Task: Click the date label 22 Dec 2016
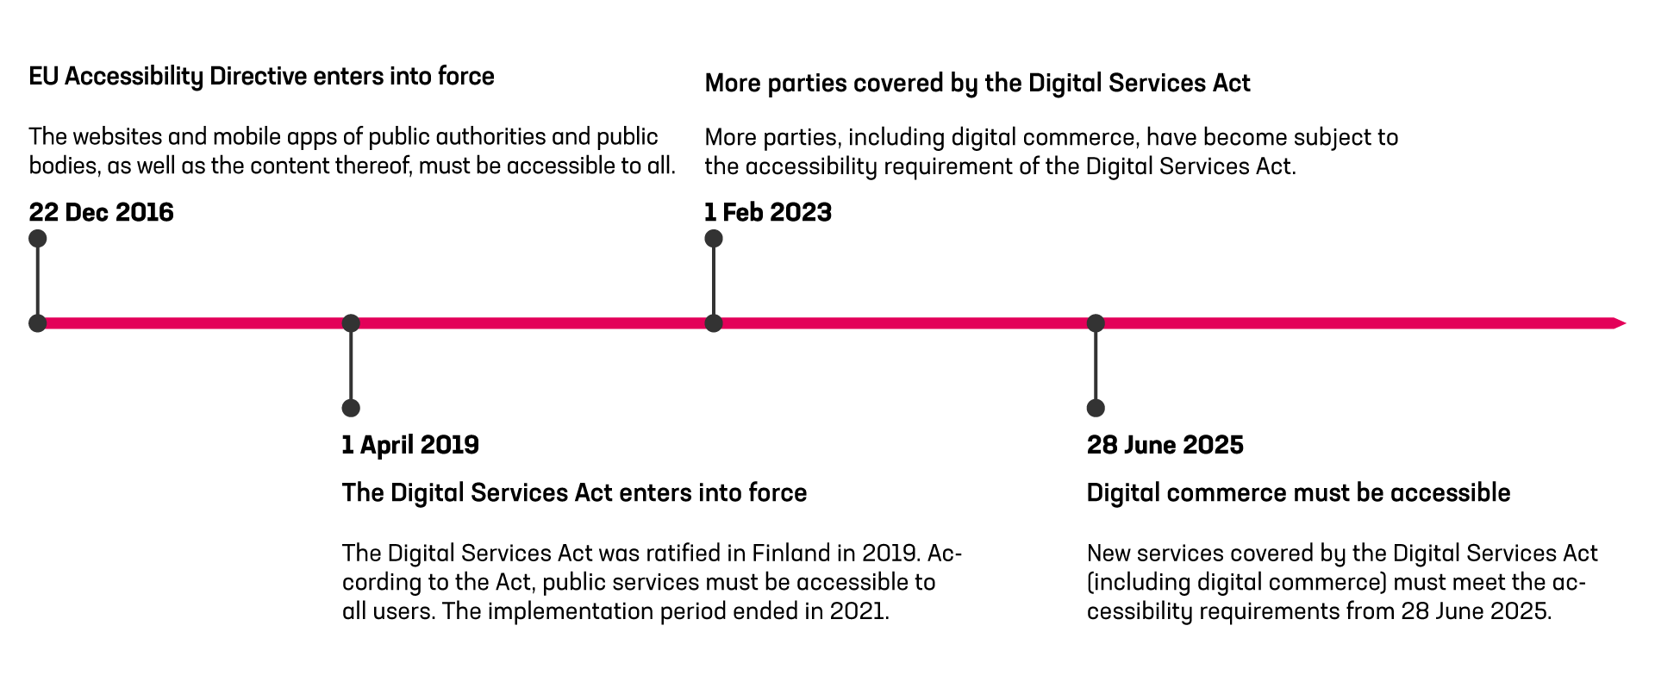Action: [101, 212]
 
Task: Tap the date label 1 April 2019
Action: [410, 445]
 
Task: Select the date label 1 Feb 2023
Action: [768, 212]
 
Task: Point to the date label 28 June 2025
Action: [1165, 445]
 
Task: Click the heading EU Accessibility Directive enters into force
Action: [261, 77]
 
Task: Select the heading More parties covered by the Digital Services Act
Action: [977, 84]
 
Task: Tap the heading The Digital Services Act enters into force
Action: [574, 493]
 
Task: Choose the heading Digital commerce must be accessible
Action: [1298, 493]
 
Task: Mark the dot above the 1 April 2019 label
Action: [351, 408]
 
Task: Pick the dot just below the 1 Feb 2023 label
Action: [714, 239]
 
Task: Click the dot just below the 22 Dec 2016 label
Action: [37, 239]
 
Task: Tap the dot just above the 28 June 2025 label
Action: [1096, 408]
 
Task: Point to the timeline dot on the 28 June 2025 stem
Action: [1096, 323]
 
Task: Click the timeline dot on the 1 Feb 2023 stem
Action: [714, 323]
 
